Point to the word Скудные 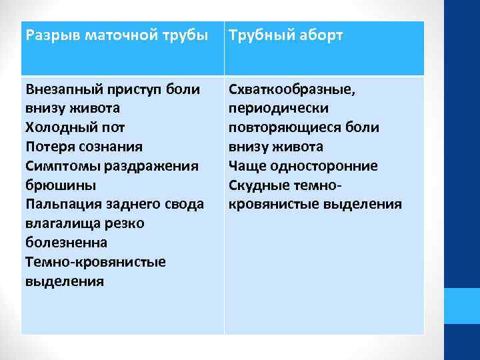point(261,185)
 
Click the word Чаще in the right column point(246,165)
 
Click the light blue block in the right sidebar point(462,306)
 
